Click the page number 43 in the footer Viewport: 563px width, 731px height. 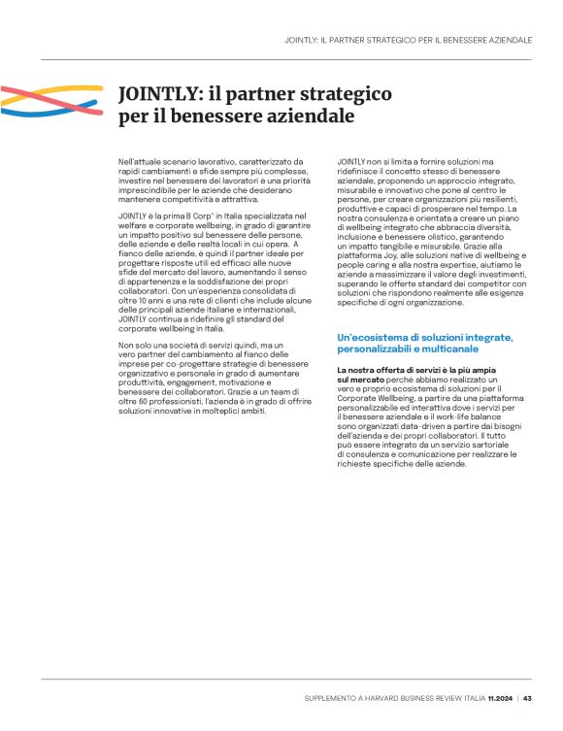click(x=527, y=697)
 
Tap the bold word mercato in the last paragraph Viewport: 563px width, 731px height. click(x=357, y=382)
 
